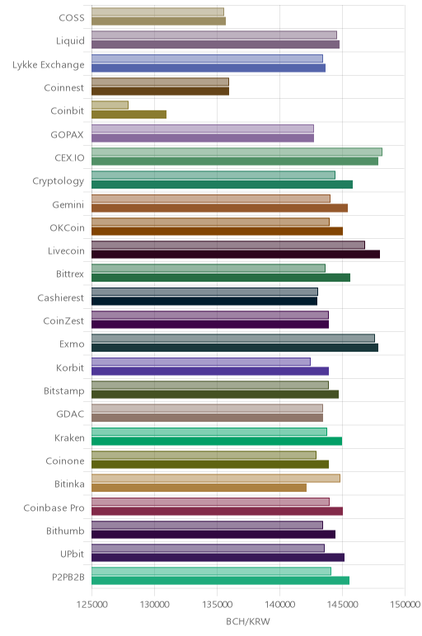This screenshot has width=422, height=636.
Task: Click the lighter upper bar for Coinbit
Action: click(x=110, y=105)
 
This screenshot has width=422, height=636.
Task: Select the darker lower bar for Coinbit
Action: click(x=129, y=115)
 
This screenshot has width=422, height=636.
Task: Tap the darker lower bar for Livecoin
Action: click(x=236, y=255)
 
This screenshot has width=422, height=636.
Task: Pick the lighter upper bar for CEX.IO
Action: click(x=237, y=152)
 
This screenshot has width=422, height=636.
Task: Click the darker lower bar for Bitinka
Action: click(x=199, y=488)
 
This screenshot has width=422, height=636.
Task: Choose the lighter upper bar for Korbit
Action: click(x=201, y=362)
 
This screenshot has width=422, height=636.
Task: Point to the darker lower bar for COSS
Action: click(x=158, y=21)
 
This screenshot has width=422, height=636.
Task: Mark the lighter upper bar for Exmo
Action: click(x=233, y=339)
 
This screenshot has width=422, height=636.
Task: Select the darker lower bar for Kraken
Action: click(x=217, y=441)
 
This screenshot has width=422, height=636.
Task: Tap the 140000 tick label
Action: click(x=279, y=605)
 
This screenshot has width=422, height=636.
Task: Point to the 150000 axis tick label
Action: click(x=405, y=605)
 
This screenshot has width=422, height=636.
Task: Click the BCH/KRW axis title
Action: click(x=248, y=621)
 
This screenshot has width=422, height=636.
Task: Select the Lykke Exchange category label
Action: click(x=49, y=65)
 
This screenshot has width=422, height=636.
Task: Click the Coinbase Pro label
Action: click(x=54, y=507)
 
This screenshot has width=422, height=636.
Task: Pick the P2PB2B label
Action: click(x=68, y=578)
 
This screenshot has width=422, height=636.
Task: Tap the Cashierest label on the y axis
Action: click(x=61, y=297)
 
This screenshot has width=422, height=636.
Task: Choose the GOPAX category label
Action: click(x=68, y=134)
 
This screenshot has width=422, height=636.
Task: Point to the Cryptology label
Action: click(x=59, y=181)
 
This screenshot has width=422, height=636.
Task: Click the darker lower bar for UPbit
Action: click(x=218, y=557)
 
